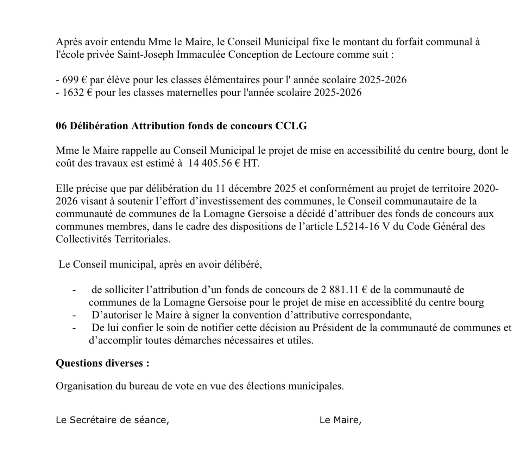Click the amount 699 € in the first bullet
pyautogui.click(x=74, y=80)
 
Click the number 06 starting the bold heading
pyautogui.click(x=61, y=126)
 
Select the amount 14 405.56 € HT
pyautogui.click(x=223, y=163)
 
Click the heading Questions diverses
pyautogui.click(x=102, y=363)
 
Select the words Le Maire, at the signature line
pyautogui.click(x=340, y=420)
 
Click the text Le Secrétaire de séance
pyautogui.click(x=112, y=420)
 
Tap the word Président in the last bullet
pyautogui.click(x=334, y=328)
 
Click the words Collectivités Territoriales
pyautogui.click(x=113, y=239)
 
